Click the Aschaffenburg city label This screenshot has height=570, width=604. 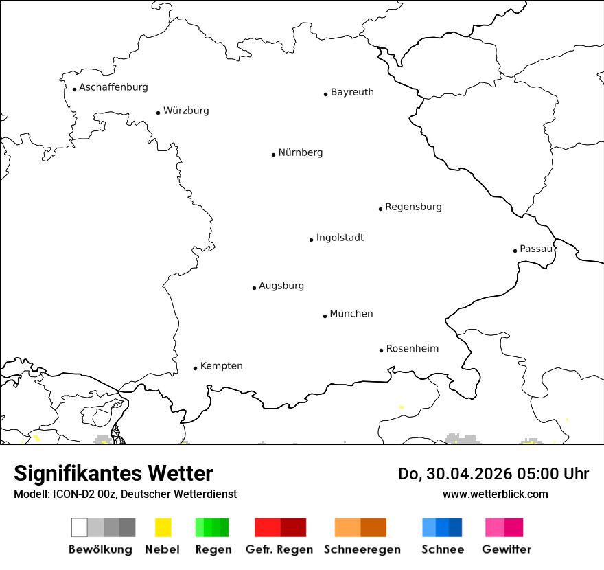point(113,87)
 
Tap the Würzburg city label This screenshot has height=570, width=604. point(186,111)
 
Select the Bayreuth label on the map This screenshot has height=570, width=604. point(352,92)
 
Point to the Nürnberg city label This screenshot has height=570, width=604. point(301,152)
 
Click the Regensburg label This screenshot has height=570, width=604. point(413,207)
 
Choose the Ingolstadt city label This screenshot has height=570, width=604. point(340,238)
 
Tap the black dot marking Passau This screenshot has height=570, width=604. point(515,251)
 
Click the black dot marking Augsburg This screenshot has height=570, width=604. point(254,288)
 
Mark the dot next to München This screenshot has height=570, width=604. point(325,316)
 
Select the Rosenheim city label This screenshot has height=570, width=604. point(412,348)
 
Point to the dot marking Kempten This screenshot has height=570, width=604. point(195,368)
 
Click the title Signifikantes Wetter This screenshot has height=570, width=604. point(113,473)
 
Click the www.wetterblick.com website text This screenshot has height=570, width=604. point(495,494)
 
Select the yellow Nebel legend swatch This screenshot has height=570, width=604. point(163,527)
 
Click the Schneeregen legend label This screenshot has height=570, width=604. point(362,549)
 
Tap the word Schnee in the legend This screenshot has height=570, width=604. point(442,549)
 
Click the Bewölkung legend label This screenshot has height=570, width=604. point(100,549)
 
